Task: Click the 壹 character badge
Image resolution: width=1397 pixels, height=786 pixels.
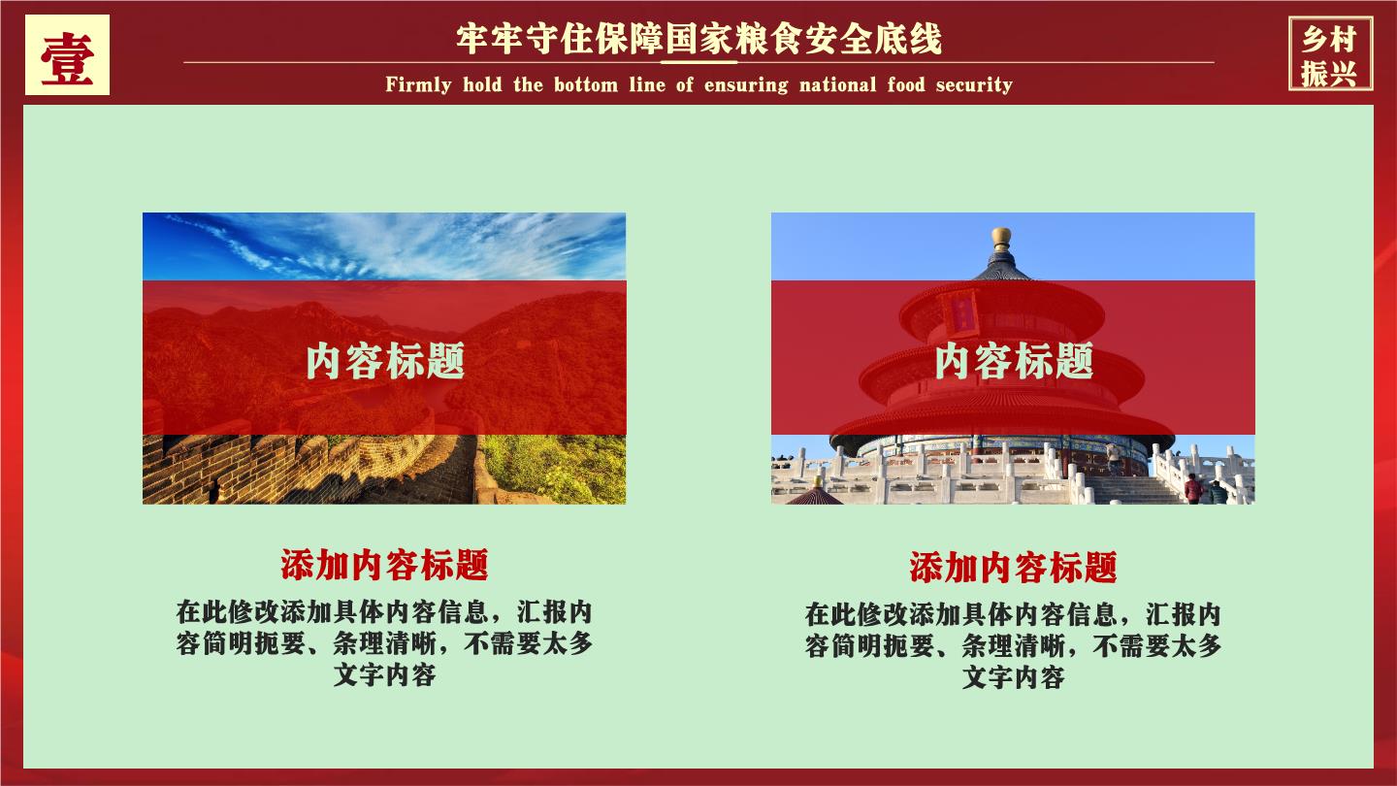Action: (67, 55)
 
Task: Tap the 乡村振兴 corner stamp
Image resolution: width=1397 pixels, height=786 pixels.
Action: (1330, 54)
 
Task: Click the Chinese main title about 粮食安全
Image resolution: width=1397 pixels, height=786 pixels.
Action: (698, 39)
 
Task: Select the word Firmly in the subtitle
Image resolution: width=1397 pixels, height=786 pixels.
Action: (418, 84)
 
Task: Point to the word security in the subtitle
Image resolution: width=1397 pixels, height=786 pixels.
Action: (974, 84)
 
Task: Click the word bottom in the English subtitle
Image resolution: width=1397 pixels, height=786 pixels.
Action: (586, 84)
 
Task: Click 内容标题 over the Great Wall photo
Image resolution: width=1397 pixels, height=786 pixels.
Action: (385, 360)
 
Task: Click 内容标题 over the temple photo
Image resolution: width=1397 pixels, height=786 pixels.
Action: (1014, 360)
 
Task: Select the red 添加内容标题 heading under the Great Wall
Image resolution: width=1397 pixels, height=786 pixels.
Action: (384, 565)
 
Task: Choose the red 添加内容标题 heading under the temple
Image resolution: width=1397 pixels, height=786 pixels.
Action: (1013, 567)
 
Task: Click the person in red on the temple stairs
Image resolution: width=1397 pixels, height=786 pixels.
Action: (1192, 488)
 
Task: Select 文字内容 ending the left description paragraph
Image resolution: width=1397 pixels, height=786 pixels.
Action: (385, 675)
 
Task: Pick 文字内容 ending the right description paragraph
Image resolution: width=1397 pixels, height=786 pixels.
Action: (1014, 677)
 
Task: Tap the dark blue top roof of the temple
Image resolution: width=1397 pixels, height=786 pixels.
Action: (1001, 268)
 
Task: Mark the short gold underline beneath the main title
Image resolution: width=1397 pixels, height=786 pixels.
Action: (698, 62)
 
